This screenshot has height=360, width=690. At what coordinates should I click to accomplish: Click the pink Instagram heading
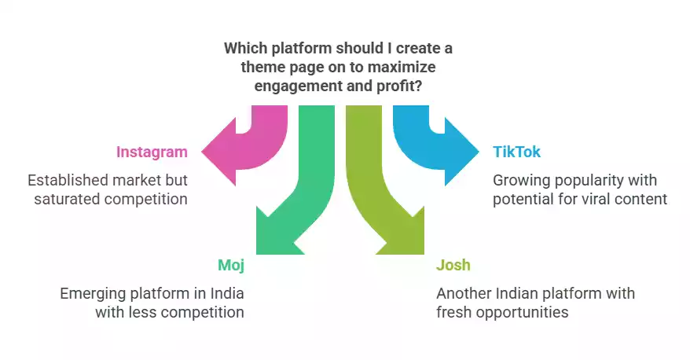pos(152,152)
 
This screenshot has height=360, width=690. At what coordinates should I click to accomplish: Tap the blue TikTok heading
pos(516,152)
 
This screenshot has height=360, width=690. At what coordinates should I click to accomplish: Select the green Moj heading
pos(231,265)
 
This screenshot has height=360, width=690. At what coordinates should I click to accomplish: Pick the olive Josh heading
pos(453,265)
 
